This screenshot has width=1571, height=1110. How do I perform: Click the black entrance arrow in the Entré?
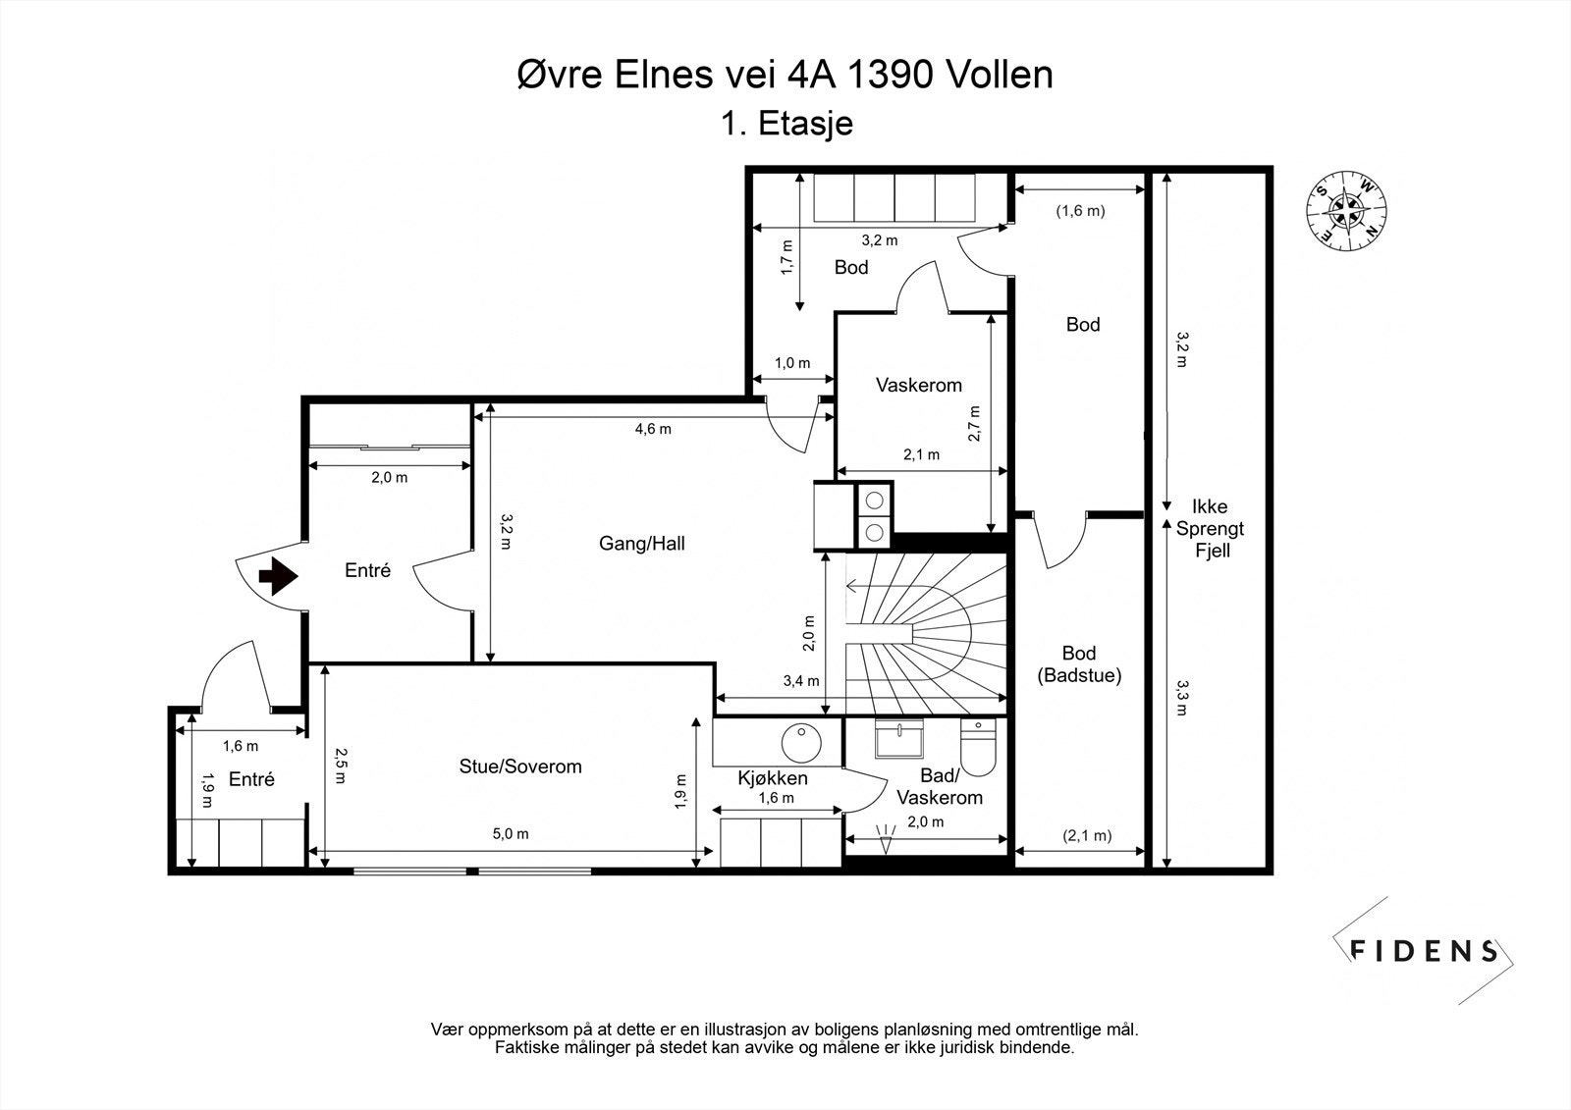pos(279,576)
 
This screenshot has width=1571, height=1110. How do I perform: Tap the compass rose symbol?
pos(1346,210)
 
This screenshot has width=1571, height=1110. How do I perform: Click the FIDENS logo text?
pos(1423,951)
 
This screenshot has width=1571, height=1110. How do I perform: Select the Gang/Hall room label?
pos(642,544)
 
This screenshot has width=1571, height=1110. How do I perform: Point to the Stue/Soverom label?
pos(520,766)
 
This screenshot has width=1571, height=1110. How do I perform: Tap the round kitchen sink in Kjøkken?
pos(801,743)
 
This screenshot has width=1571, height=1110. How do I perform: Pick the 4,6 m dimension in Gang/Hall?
pos(653,429)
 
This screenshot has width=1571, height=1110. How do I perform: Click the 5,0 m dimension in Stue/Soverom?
pos(511,834)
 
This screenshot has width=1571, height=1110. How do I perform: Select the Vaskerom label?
pos(919,385)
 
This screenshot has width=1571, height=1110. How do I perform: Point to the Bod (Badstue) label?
pos(1079,664)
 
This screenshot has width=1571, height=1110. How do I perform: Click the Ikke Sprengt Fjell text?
pos(1211,529)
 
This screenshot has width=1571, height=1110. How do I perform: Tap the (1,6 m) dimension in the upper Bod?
pos(1081,210)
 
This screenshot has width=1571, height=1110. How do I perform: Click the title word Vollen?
pos(1000,75)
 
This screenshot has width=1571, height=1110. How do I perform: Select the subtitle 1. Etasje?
pos(786,124)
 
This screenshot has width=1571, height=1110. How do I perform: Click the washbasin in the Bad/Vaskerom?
pos(898,739)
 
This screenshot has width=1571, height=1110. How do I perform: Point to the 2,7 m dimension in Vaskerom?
pos(975,424)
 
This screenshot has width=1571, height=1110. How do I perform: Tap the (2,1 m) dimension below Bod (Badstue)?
pos(1086,835)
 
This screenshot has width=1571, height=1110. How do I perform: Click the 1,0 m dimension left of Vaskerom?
pos(792,363)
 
